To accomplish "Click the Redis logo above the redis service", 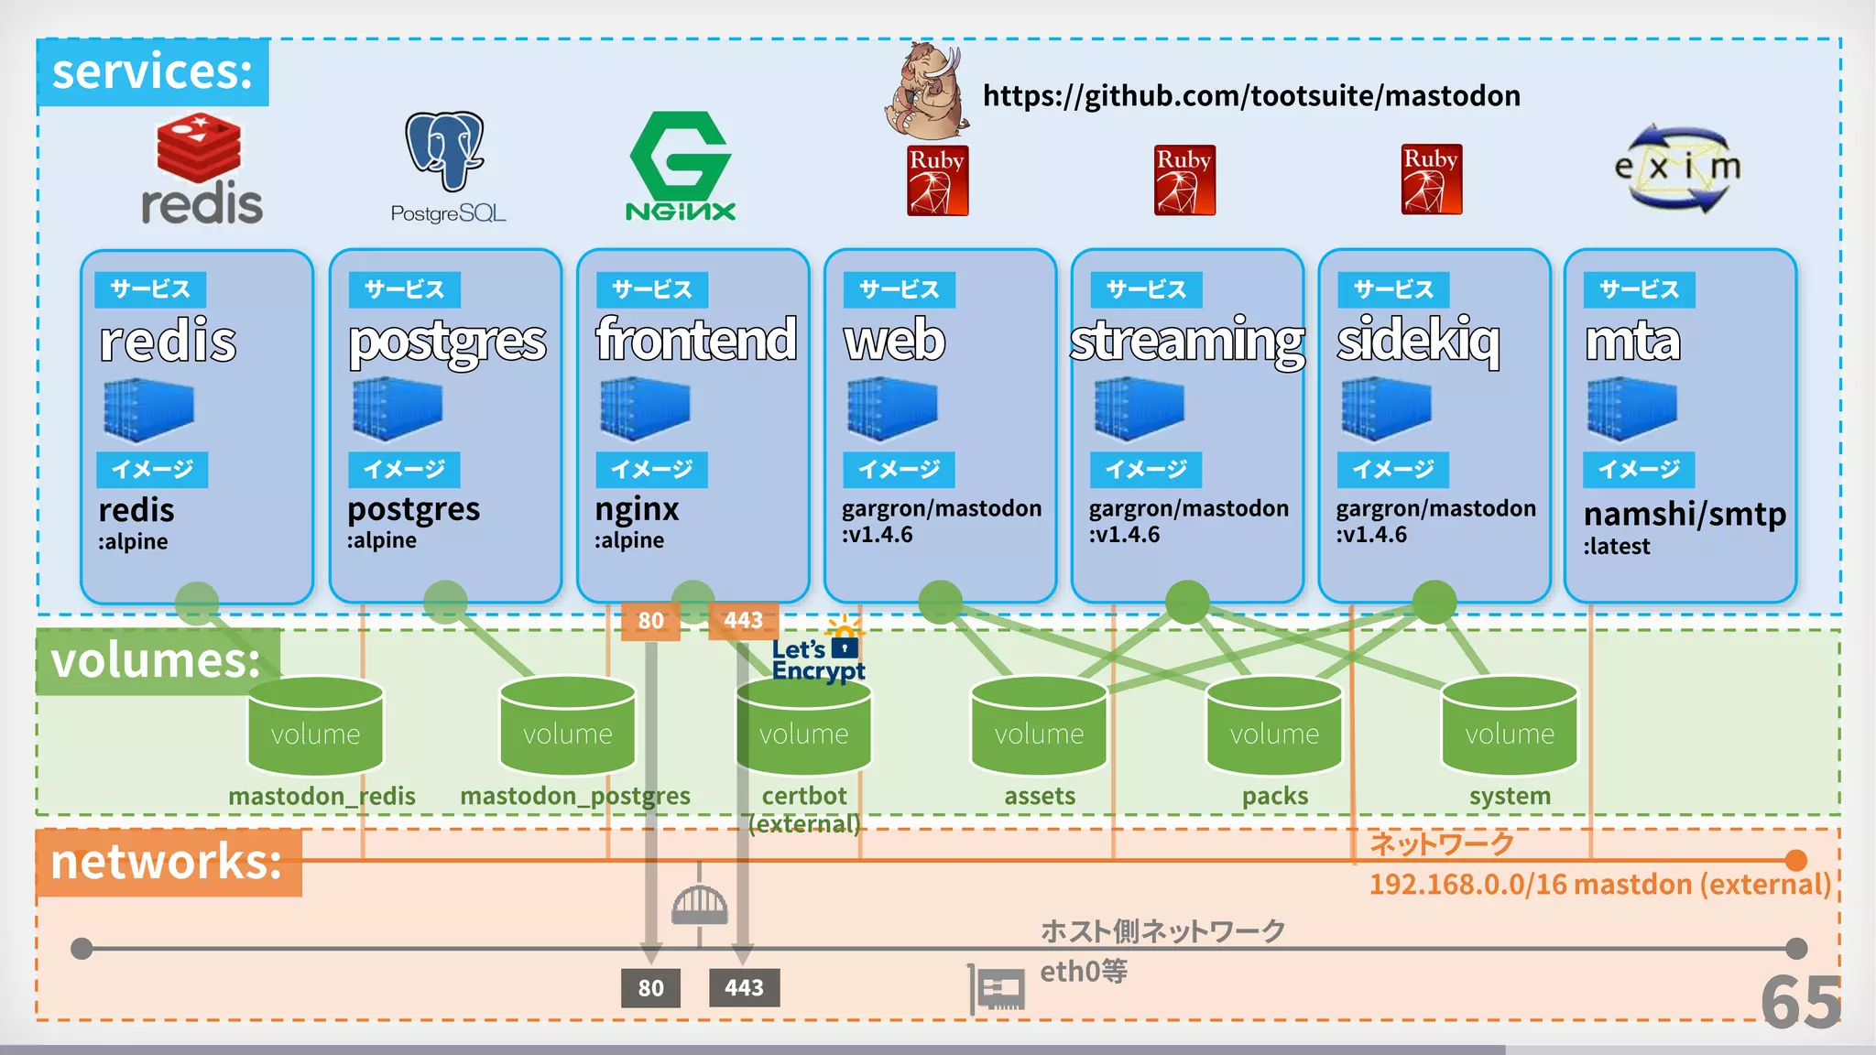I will pyautogui.click(x=201, y=169).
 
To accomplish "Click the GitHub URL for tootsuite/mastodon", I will pyautogui.click(x=1251, y=95).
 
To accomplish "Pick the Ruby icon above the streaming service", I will pyautogui.click(x=1184, y=180).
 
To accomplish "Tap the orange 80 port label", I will pyautogui.click(x=650, y=621).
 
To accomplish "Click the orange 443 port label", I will pyautogui.click(x=743, y=621).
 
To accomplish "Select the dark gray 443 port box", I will pyautogui.click(x=744, y=988).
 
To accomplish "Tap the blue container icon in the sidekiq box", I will pyautogui.click(x=1386, y=408).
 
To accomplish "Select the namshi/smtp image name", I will pyautogui.click(x=1685, y=514).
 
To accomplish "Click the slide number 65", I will pyautogui.click(x=1800, y=1002).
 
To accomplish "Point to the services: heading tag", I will pyautogui.click(x=153, y=71).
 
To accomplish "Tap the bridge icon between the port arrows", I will pyautogui.click(x=699, y=905).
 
